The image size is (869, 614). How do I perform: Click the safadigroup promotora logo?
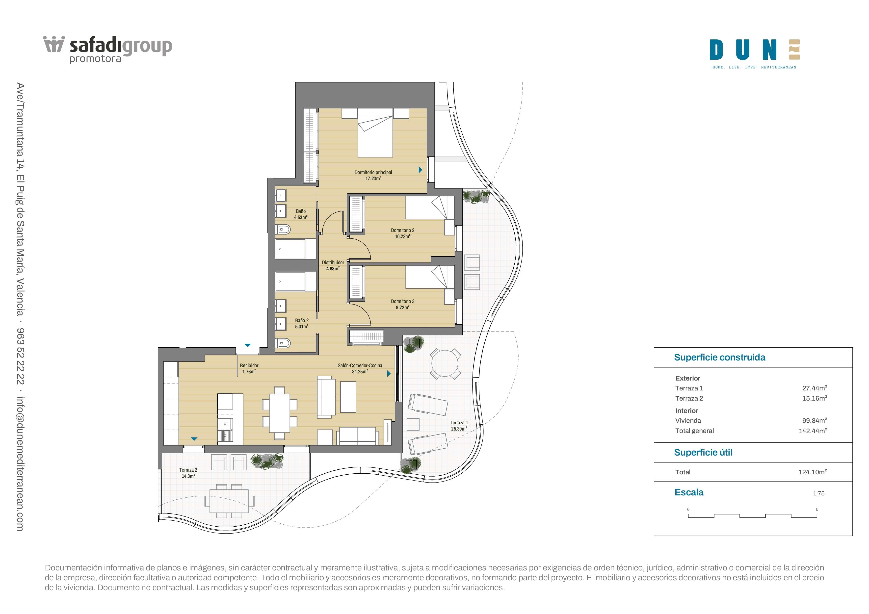(x=108, y=50)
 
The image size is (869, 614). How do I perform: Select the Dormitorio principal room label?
(x=373, y=175)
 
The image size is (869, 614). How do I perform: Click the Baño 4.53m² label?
(x=301, y=214)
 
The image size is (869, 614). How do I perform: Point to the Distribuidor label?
(x=333, y=265)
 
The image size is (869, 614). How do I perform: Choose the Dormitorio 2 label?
(x=403, y=233)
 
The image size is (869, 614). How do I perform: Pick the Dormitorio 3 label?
(x=403, y=304)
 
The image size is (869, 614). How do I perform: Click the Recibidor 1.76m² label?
(x=249, y=368)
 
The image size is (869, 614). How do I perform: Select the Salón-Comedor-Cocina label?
(x=360, y=368)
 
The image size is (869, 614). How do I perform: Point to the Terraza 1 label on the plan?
(x=459, y=426)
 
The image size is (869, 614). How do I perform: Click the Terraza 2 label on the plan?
(x=188, y=473)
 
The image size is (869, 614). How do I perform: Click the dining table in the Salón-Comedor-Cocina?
(x=279, y=413)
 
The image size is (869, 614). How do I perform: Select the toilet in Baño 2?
(x=284, y=343)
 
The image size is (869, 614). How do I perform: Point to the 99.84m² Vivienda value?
(x=815, y=420)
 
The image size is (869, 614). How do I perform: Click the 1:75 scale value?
(x=819, y=493)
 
